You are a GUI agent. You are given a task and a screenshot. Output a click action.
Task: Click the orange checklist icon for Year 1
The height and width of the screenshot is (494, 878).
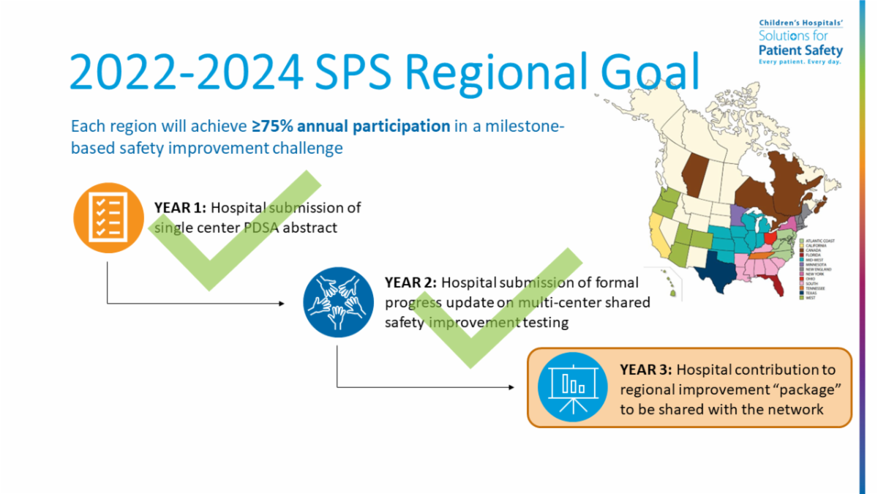(x=108, y=217)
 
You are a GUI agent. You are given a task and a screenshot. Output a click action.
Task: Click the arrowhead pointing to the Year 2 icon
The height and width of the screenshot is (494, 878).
(x=282, y=302)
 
